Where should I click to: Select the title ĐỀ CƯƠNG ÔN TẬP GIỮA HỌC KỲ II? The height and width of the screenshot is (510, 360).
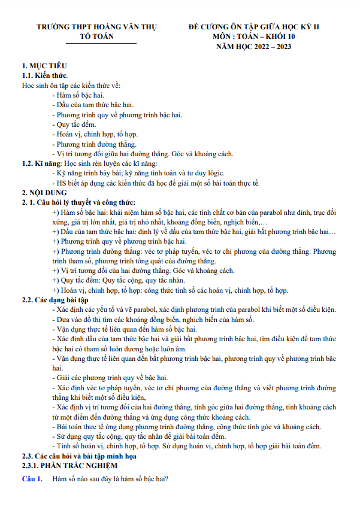point(254,28)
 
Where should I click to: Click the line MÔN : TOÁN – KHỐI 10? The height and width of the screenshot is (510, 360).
point(254,37)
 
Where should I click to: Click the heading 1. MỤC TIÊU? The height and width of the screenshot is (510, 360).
point(44,66)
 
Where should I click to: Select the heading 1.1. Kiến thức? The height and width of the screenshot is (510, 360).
point(45,75)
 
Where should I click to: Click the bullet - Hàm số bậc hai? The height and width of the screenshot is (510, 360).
point(78,95)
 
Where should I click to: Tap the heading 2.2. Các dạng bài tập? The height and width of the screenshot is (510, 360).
point(55,300)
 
